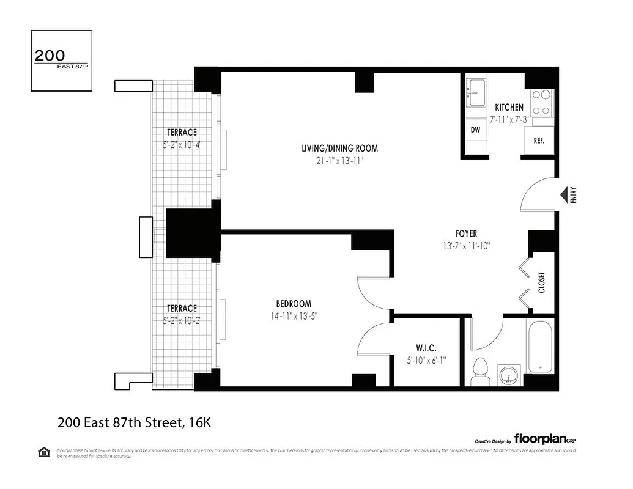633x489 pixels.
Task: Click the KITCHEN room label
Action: click(509, 108)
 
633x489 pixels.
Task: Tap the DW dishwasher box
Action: click(475, 130)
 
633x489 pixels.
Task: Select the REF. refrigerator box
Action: click(539, 140)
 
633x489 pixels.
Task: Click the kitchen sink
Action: click(475, 91)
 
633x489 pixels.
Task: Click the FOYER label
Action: click(466, 233)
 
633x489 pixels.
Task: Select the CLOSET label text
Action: click(541, 282)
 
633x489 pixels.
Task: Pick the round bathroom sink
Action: click(507, 373)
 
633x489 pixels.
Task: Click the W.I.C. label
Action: click(426, 348)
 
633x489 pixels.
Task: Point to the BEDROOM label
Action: click(294, 304)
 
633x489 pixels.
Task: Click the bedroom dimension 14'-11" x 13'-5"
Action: click(294, 316)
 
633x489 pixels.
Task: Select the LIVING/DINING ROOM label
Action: click(339, 148)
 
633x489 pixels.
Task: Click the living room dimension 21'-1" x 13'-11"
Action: click(339, 161)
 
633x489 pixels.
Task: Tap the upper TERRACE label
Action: click(182, 133)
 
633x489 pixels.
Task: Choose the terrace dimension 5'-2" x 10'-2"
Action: click(182, 320)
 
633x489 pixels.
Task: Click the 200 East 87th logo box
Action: click(61, 61)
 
